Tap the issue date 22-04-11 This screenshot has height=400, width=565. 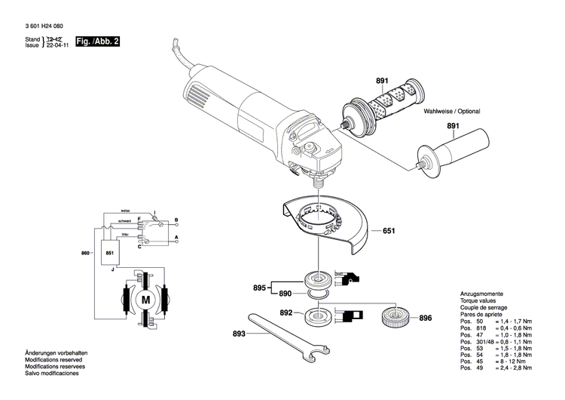pyautogui.click(x=56, y=45)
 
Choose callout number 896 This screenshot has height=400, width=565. pyautogui.click(x=426, y=318)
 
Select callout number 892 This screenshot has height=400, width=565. pyautogui.click(x=286, y=312)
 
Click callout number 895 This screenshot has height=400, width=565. pyautogui.click(x=258, y=288)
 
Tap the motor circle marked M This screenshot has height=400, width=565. pyautogui.click(x=145, y=300)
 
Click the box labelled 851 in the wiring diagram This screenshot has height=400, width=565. pyautogui.click(x=110, y=253)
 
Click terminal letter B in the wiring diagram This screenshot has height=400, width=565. pyautogui.click(x=176, y=220)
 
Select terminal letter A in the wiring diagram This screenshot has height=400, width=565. pyautogui.click(x=176, y=238)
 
